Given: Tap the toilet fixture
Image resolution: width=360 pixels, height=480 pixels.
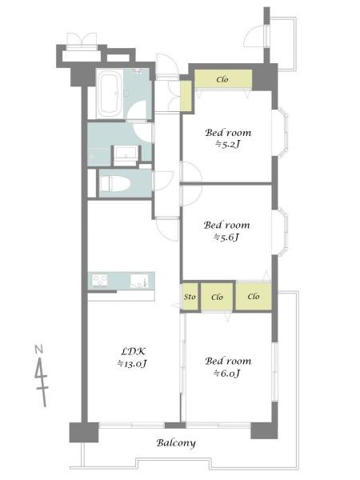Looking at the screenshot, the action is (x=114, y=184).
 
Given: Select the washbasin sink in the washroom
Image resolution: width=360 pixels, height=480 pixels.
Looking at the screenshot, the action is (x=126, y=152).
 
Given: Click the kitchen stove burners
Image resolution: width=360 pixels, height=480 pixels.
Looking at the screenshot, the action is (x=100, y=281).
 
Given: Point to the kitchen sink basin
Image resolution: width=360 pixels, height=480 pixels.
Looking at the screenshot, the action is (x=139, y=281).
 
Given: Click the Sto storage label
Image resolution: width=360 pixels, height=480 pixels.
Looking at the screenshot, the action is (x=190, y=297).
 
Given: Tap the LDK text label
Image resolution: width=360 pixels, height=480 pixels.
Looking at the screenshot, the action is (x=134, y=351).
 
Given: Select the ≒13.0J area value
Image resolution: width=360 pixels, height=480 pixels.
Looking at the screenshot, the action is (x=132, y=364).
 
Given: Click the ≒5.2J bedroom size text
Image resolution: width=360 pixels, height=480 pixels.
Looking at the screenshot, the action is (x=228, y=144).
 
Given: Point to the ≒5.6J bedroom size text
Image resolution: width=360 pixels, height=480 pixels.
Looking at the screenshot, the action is (x=226, y=238).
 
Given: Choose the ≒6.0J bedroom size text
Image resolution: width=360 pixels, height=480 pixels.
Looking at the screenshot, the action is (x=227, y=374).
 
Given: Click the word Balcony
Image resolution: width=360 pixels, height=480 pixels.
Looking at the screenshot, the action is (x=176, y=443).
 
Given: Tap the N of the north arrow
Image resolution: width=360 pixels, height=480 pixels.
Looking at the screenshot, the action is (x=39, y=350).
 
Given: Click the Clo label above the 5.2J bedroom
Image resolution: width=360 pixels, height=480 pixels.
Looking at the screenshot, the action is (x=222, y=79).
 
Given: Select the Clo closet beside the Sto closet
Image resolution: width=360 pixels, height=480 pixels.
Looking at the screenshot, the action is (x=217, y=297).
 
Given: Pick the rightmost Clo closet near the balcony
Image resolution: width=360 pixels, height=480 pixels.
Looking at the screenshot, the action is (x=254, y=296).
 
